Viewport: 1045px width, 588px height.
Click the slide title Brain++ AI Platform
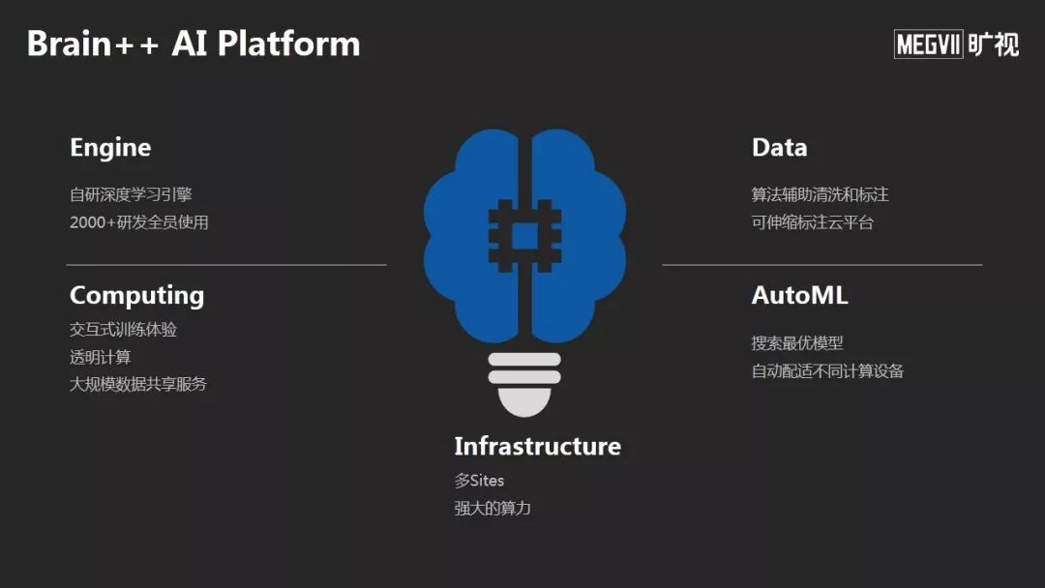194,44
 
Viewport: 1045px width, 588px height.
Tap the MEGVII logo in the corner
956,44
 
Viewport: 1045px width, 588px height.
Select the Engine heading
110,148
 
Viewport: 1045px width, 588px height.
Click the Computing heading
136,296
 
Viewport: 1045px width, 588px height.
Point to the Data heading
779,148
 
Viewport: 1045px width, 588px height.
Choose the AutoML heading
799,296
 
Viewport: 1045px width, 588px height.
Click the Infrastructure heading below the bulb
537,446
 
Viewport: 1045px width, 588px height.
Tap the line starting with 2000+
138,222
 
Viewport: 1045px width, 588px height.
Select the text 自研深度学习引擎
131,194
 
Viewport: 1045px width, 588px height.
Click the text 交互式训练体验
123,330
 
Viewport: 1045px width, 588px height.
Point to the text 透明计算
100,357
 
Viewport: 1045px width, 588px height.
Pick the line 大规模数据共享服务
138,384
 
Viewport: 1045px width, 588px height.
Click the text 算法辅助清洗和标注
820,194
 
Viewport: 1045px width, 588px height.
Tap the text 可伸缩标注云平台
812,222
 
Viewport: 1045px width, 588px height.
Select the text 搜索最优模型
797,343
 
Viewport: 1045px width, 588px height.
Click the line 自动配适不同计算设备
827,370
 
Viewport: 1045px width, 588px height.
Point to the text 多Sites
479,481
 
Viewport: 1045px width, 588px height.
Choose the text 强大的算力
493,508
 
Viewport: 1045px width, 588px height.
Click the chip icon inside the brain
524,234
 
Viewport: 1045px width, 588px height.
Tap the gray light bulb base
524,382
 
